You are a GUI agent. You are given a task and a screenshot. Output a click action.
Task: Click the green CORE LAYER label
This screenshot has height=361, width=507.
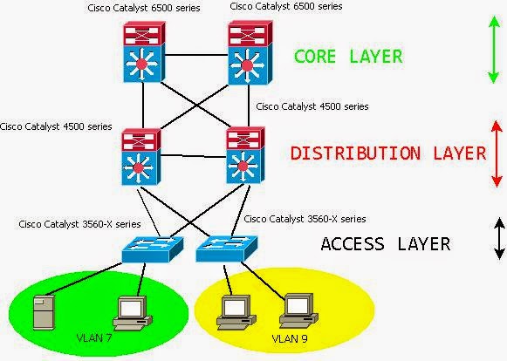coord(348,56)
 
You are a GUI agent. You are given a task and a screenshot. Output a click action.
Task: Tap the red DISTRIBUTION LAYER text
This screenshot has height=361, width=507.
coord(388,153)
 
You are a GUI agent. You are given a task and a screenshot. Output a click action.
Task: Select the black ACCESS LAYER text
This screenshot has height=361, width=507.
coord(386,243)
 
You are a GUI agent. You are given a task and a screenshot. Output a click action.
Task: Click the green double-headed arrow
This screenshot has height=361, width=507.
coord(493,50)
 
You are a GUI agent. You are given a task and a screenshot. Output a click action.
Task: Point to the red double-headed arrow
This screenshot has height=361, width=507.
coord(497,153)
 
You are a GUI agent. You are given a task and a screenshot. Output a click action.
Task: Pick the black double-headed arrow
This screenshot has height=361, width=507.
coord(499,239)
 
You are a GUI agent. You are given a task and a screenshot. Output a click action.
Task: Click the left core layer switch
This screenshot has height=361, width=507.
coord(144,51)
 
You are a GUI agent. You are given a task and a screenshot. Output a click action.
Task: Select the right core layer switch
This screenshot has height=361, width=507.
coord(250,52)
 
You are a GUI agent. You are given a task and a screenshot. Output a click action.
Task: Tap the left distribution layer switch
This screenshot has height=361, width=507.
coord(141,157)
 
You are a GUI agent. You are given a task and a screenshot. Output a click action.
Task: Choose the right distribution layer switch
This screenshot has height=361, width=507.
coord(245,155)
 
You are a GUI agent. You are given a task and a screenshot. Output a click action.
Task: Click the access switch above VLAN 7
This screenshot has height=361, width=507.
coord(153,249)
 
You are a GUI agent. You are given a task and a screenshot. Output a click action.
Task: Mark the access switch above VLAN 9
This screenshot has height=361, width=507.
coord(227,249)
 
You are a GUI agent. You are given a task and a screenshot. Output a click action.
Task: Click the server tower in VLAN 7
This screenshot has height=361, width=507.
coord(45,312)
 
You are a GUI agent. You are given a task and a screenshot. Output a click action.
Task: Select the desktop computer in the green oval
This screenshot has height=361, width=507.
coord(133,314)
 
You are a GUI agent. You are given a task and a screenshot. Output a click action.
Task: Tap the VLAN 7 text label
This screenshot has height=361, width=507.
coord(94,338)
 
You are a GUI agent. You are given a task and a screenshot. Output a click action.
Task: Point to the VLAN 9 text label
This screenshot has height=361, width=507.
coord(290,338)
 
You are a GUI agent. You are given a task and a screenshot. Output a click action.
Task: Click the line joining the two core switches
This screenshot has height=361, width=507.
coord(196,55)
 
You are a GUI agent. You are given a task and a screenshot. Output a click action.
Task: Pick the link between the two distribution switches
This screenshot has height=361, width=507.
coord(193,156)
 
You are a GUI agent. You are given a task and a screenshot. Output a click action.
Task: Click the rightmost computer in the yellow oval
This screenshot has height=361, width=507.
coord(298,311)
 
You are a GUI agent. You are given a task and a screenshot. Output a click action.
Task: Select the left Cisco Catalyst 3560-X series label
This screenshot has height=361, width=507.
coord(79,224)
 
